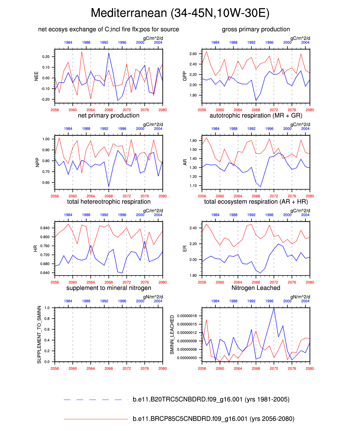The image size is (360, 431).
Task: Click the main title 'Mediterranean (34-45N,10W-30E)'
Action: point(180,13)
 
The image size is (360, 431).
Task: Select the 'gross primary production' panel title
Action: point(256,29)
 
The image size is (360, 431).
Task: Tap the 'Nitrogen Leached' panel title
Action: point(256,288)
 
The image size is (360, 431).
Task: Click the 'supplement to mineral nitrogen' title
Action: point(109,288)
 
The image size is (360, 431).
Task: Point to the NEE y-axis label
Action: point(36,76)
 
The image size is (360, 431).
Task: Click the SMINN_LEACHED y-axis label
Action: point(172,335)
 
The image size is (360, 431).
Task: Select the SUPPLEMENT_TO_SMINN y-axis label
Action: point(39,335)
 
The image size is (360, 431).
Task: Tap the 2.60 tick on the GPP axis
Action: point(193,54)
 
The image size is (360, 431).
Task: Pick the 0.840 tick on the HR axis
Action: point(45,228)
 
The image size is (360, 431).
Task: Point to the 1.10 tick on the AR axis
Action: point(193,186)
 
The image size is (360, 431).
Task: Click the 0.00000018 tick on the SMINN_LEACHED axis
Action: point(187,316)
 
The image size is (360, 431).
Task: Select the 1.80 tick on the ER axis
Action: point(193,275)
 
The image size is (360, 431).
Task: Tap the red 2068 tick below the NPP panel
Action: point(109,196)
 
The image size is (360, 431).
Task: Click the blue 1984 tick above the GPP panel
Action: point(215,42)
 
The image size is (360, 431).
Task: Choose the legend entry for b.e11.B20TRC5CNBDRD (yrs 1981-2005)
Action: point(211,399)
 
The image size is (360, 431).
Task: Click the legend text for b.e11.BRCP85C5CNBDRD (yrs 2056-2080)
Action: point(213,419)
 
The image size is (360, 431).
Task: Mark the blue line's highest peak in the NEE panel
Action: point(109,53)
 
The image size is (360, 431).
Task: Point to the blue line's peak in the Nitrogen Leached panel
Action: point(274,308)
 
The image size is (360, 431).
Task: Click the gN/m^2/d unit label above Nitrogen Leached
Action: point(300,297)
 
